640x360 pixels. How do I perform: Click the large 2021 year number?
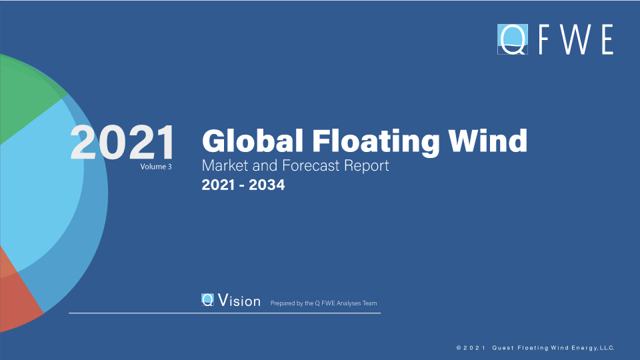pos(123,142)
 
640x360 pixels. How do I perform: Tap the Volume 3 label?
pos(156,167)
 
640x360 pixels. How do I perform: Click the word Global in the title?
pos(253,141)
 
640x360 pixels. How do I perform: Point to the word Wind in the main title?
pos(488,141)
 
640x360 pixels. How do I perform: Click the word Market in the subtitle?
pos(225,165)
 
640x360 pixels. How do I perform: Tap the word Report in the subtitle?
pos(366,166)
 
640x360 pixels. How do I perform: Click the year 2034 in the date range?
pos(267,185)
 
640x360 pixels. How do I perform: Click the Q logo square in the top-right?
pos(513,39)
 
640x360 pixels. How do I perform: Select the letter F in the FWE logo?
pos(544,39)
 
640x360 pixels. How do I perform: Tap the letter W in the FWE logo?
pos(575,39)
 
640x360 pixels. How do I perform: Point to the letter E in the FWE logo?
pos(608,39)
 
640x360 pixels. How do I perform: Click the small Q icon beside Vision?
pos(207,299)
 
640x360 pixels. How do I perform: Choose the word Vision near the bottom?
pos(239,301)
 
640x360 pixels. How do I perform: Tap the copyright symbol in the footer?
pos(459,348)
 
